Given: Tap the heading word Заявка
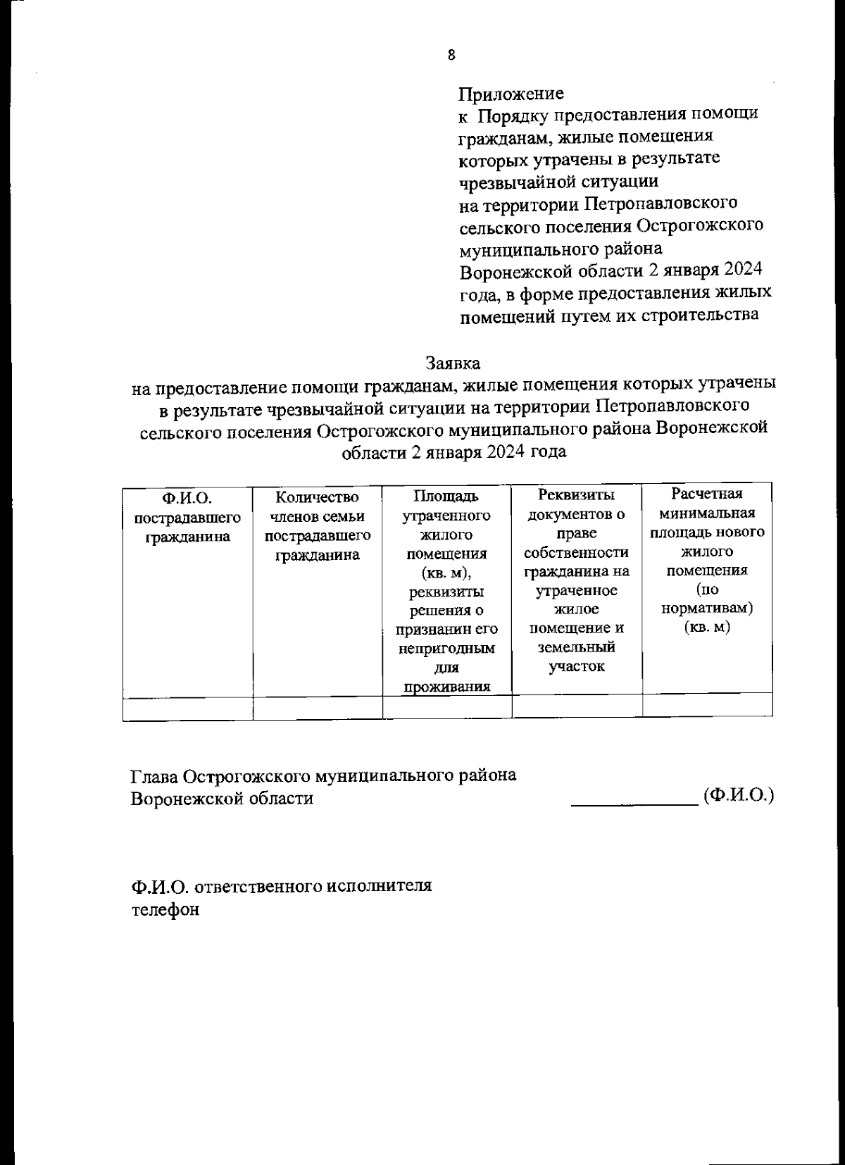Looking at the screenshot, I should [453, 363].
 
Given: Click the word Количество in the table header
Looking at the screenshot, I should [317, 497].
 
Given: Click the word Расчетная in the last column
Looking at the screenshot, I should [706, 494].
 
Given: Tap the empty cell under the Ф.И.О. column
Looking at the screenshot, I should [187, 707].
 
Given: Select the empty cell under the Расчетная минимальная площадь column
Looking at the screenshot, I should [707, 704].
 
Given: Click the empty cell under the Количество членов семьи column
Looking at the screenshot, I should [318, 707].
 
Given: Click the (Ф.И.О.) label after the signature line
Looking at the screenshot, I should [739, 796].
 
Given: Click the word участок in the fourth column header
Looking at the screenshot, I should [576, 666].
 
